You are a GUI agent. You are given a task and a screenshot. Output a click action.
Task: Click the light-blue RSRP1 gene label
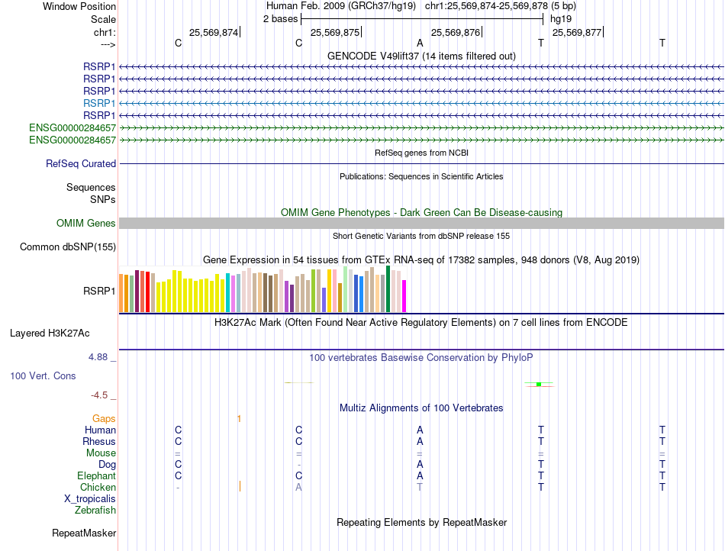click(99, 103)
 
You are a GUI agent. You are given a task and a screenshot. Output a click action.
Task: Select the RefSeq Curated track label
click(81, 164)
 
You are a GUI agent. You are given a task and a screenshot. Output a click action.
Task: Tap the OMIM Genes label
click(86, 224)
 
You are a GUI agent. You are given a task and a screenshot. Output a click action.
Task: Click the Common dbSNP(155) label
click(68, 247)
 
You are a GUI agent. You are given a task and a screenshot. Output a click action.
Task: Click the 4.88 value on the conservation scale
click(101, 357)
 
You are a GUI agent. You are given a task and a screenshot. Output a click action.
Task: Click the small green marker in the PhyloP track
click(539, 384)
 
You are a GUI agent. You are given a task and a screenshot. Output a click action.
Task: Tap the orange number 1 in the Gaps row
click(239, 419)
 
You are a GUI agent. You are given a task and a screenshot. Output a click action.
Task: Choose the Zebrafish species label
click(95, 511)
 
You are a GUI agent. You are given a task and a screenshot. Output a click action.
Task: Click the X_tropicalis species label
click(90, 499)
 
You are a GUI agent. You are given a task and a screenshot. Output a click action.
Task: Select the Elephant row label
click(95, 476)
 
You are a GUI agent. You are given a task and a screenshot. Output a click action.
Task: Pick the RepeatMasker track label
click(84, 533)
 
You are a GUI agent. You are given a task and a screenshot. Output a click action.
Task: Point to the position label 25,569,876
click(455, 33)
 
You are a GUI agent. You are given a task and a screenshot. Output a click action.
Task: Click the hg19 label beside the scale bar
click(560, 19)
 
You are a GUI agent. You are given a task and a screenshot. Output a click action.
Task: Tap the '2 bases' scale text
click(281, 19)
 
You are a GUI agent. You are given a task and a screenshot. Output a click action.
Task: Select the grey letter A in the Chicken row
click(298, 488)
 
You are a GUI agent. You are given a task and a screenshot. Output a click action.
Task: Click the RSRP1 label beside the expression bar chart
click(99, 291)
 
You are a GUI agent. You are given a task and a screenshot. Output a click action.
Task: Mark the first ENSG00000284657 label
click(72, 128)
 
